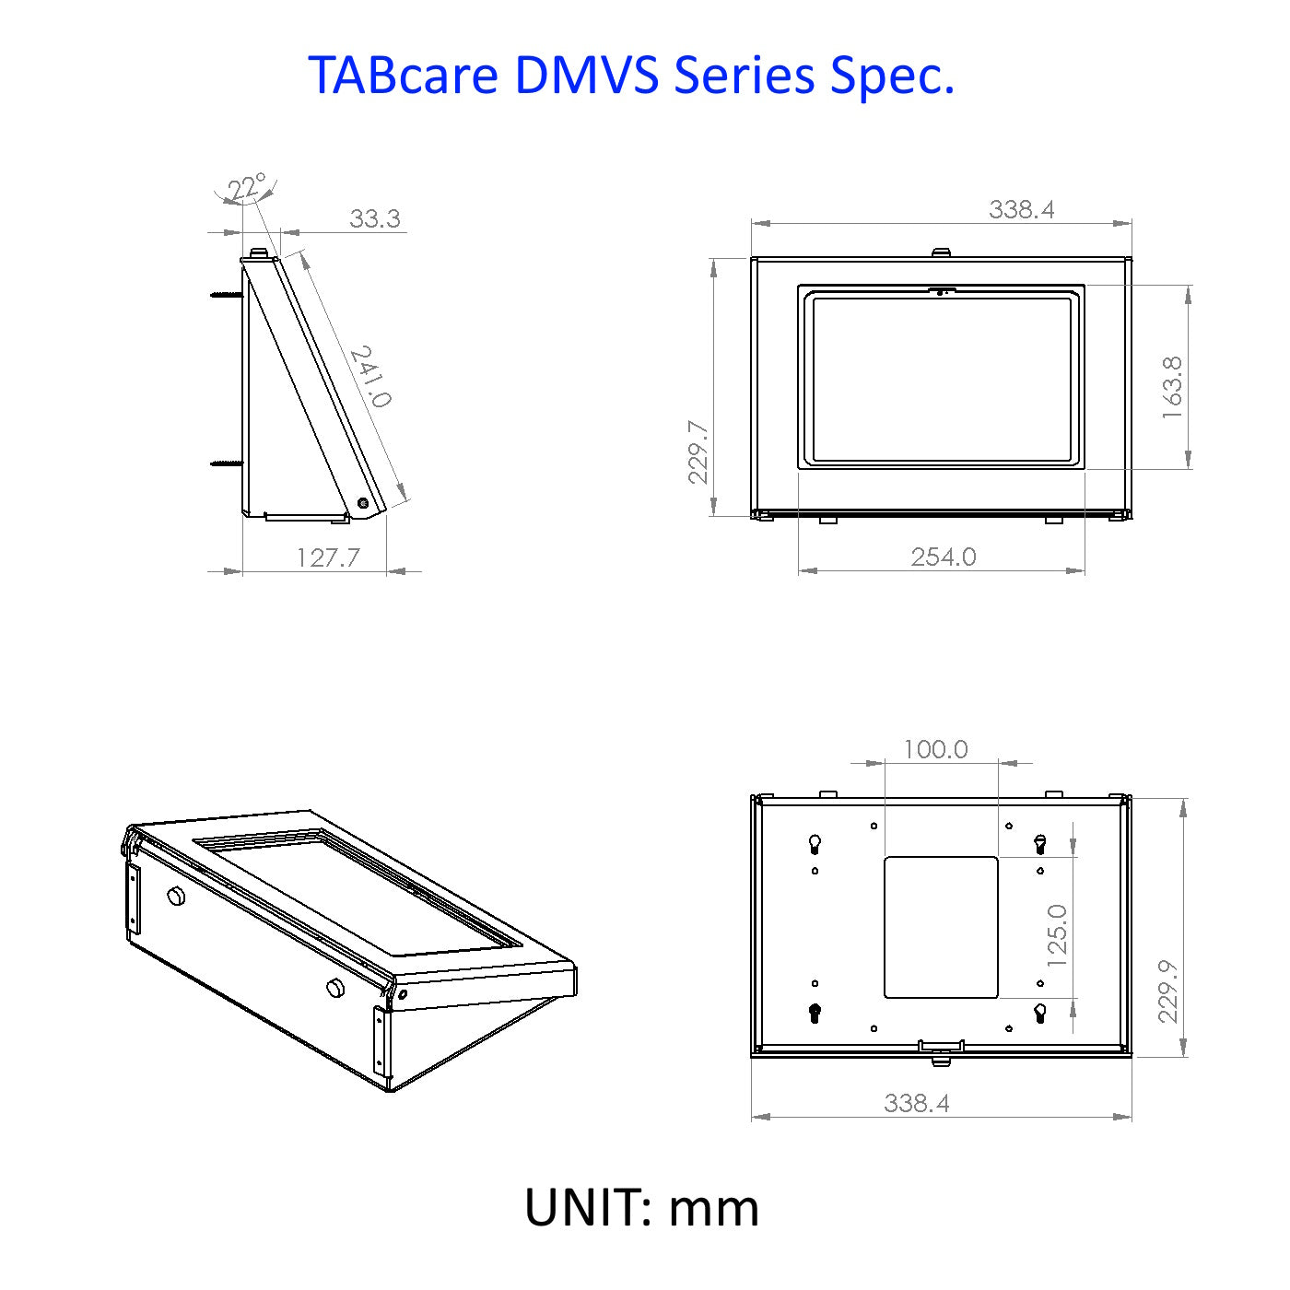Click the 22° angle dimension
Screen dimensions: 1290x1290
pyautogui.click(x=246, y=187)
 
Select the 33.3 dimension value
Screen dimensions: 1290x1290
pyautogui.click(x=375, y=218)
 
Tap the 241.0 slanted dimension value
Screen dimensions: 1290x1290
pyautogui.click(x=370, y=376)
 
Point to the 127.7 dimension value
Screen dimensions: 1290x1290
pyautogui.click(x=328, y=557)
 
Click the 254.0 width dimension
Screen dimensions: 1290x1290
pyautogui.click(x=944, y=557)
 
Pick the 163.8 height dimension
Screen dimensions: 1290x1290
pyautogui.click(x=1172, y=388)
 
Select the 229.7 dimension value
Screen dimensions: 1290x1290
pyautogui.click(x=698, y=451)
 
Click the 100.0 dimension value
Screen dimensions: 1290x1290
pyautogui.click(x=935, y=749)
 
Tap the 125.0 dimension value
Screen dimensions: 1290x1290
pyautogui.click(x=1056, y=935)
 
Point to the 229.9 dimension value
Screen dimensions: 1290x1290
pyautogui.click(x=1167, y=991)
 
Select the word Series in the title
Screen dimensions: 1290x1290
pyautogui.click(x=744, y=75)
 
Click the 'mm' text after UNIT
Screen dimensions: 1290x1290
pyautogui.click(x=713, y=1208)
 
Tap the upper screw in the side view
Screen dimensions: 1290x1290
pyautogui.click(x=226, y=294)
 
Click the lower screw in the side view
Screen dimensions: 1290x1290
pyautogui.click(x=226, y=463)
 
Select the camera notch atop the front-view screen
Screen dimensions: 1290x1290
pyautogui.click(x=942, y=291)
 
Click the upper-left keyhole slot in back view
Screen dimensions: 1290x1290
pyautogui.click(x=815, y=844)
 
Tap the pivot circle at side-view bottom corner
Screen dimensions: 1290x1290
pyautogui.click(x=363, y=503)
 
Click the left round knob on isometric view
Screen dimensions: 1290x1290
pyautogui.click(x=177, y=897)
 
